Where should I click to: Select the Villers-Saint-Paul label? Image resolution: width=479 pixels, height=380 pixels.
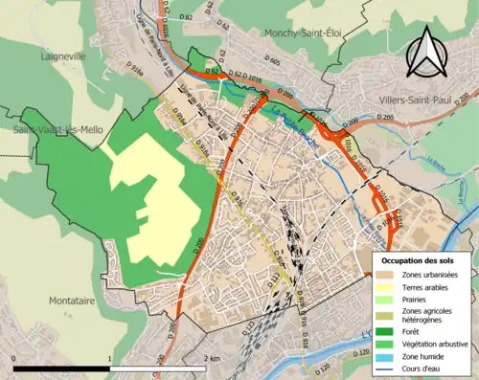coord(397,96)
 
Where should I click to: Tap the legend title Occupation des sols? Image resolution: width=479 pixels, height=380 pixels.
coord(419,260)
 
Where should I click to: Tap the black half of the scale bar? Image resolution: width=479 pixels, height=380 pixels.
coord(62,368)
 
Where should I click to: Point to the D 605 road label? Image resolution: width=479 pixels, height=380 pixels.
coord(274,60)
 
